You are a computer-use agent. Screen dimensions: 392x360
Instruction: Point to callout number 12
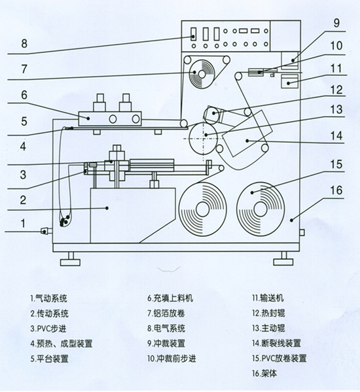click(x=336, y=91)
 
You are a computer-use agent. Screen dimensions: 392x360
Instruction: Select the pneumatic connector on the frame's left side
click(x=45, y=230)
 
